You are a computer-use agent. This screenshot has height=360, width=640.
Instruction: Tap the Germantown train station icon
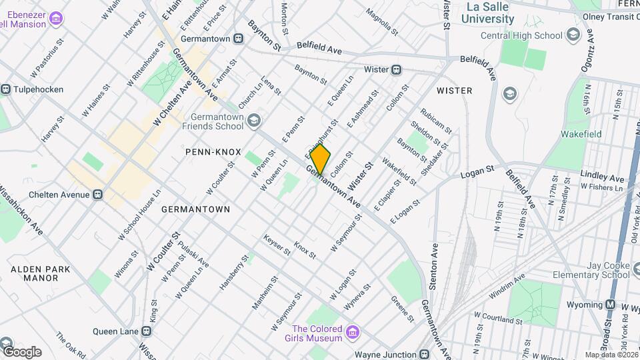[238, 39]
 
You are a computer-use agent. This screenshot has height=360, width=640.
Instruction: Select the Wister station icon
[396, 69]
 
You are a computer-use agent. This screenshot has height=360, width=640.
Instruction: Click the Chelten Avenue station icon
[98, 195]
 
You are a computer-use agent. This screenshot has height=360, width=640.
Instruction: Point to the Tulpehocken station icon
[6, 89]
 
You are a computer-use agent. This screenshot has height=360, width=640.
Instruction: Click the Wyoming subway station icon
[609, 305]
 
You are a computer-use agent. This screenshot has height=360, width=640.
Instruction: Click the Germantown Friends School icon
[253, 121]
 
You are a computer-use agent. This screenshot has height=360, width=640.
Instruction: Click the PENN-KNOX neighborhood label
[213, 152]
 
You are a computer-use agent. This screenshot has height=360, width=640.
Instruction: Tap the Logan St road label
[479, 175]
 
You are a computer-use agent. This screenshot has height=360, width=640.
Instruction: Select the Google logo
[21, 351]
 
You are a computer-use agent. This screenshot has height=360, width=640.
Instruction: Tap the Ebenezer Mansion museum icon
[57, 17]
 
